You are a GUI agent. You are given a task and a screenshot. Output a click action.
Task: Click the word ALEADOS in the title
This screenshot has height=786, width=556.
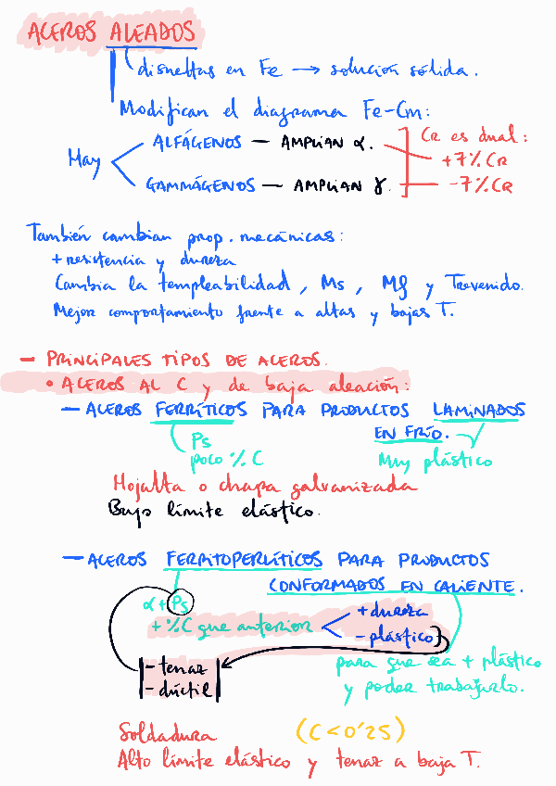pyautogui.click(x=153, y=33)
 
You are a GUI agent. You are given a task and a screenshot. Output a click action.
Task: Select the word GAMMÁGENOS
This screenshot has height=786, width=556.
pyautogui.click(x=199, y=185)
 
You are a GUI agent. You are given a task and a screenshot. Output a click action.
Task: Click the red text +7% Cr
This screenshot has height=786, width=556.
pyautogui.click(x=474, y=159)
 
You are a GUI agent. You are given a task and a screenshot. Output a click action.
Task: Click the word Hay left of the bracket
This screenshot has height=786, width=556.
pyautogui.click(x=84, y=159)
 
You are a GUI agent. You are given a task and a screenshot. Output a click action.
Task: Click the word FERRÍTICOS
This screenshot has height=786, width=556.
pyautogui.click(x=201, y=410)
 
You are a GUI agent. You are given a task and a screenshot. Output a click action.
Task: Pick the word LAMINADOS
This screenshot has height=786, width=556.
pyautogui.click(x=479, y=410)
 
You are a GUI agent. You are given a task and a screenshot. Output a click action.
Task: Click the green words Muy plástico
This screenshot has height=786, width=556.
pyautogui.click(x=435, y=461)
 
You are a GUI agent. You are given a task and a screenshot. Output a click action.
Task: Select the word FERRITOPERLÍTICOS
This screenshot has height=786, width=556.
pyautogui.click(x=245, y=560)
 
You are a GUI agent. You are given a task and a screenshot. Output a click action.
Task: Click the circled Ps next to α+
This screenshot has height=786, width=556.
pyautogui.click(x=183, y=602)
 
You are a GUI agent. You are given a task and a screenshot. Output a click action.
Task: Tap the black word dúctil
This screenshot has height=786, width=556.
pyautogui.click(x=183, y=690)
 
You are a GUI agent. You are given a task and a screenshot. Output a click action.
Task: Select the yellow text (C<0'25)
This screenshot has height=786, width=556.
pyautogui.click(x=351, y=732)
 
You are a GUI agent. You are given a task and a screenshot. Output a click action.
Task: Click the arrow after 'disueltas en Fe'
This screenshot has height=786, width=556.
pyautogui.click(x=305, y=70)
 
